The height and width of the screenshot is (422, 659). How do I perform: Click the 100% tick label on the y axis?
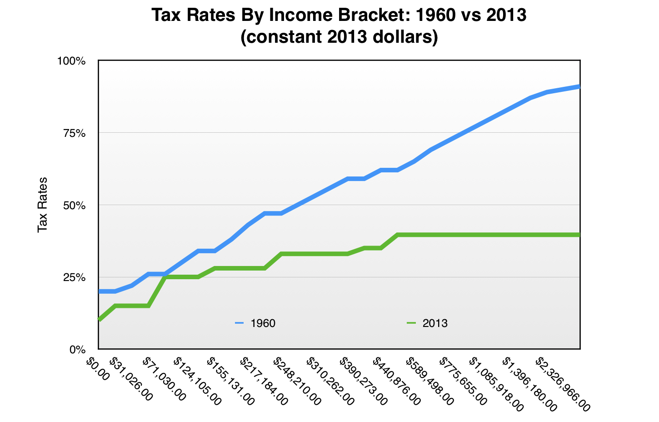tap(71, 61)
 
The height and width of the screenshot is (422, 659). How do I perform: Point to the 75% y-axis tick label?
tap(74, 133)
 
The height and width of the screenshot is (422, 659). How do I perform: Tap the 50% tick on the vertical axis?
tap(74, 205)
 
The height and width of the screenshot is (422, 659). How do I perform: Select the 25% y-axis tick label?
tap(74, 277)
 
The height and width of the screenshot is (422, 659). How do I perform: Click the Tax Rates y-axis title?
tap(43, 205)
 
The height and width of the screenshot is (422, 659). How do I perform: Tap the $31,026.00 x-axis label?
tap(131, 378)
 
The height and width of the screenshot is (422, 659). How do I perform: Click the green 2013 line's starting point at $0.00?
tap(99, 320)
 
